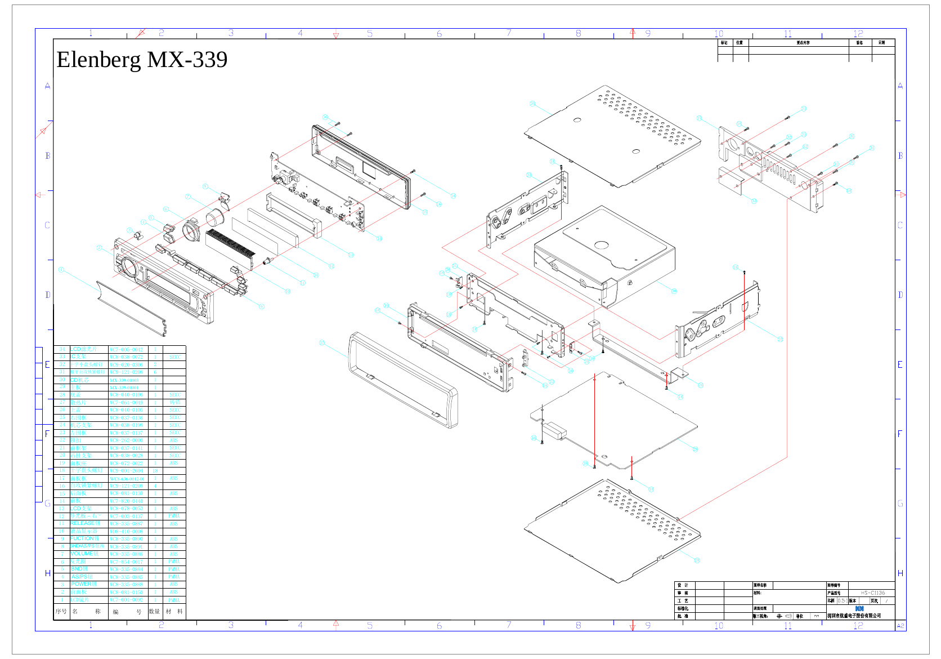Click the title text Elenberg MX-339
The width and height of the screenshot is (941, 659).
click(x=142, y=60)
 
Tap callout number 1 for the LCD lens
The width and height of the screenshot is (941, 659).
click(x=61, y=270)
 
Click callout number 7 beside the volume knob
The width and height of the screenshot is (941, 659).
click(x=188, y=197)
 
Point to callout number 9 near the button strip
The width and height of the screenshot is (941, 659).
click(x=261, y=306)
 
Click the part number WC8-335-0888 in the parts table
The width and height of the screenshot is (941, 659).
click(x=126, y=577)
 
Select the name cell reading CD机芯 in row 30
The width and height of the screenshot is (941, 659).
click(x=79, y=380)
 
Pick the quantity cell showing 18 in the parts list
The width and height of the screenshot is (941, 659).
click(x=155, y=471)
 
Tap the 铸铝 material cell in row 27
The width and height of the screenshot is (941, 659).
click(x=174, y=402)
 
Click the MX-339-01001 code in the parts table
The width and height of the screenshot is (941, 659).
click(x=125, y=388)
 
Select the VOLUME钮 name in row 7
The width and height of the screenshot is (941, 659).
click(x=84, y=554)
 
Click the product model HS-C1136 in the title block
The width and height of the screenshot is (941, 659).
click(x=872, y=593)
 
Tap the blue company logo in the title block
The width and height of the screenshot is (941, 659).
click(x=859, y=608)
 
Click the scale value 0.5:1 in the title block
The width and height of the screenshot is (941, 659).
click(x=841, y=600)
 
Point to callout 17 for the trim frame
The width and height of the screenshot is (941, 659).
click(x=322, y=342)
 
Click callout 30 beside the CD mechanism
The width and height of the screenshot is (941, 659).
click(x=674, y=291)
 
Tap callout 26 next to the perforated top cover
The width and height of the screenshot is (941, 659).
click(x=532, y=104)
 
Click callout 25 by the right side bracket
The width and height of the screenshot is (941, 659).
click(x=780, y=340)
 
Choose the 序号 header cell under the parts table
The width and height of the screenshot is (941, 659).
click(x=61, y=611)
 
